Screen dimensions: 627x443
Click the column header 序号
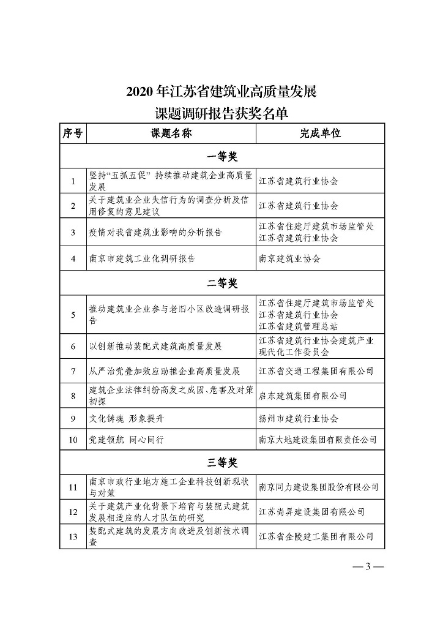[73, 133]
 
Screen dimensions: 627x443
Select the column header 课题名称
[171, 133]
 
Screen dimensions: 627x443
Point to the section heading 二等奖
[222, 283]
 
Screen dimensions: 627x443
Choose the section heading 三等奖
[222, 461]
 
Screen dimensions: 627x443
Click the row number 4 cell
[73, 258]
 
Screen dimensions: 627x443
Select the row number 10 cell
[73, 440]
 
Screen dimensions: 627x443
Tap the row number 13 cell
[73, 536]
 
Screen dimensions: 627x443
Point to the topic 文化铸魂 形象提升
[127, 419]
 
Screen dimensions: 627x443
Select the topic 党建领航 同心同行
[127, 440]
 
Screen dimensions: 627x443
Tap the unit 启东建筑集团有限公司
[303, 396]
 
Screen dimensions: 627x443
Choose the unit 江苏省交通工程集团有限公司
[316, 371]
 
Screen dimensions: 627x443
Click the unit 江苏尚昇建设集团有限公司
[312, 511]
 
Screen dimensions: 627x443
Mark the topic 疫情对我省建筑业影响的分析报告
[155, 233]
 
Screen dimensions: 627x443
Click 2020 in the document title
[140, 92]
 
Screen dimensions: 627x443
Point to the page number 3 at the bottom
[368, 566]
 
